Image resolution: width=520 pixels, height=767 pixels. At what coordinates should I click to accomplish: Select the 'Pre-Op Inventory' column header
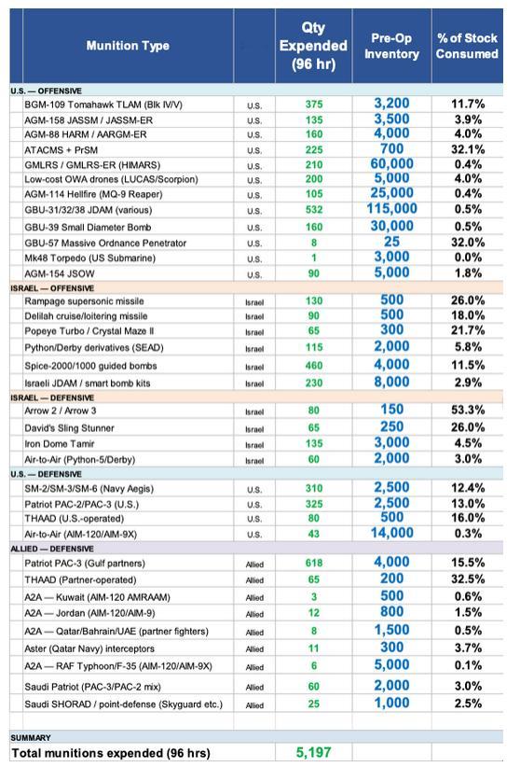click(x=391, y=46)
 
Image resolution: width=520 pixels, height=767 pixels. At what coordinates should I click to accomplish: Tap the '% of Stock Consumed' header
click(x=467, y=46)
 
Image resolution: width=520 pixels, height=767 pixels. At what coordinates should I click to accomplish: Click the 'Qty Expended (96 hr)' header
click(x=313, y=46)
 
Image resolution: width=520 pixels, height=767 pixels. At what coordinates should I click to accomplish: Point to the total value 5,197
click(x=314, y=752)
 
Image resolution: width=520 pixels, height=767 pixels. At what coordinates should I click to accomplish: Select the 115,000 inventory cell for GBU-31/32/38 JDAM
click(x=391, y=210)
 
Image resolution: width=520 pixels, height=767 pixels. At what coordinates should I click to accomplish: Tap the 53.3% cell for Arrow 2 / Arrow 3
click(x=467, y=411)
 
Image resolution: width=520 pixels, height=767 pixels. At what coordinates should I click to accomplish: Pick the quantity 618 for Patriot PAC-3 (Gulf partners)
click(x=314, y=564)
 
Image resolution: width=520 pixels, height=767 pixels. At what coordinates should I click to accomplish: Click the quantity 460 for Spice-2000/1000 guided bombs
click(x=314, y=366)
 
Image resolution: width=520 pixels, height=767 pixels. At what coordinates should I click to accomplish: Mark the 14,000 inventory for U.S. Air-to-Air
click(x=391, y=534)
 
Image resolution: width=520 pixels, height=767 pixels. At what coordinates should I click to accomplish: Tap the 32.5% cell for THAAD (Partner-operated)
click(x=467, y=579)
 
